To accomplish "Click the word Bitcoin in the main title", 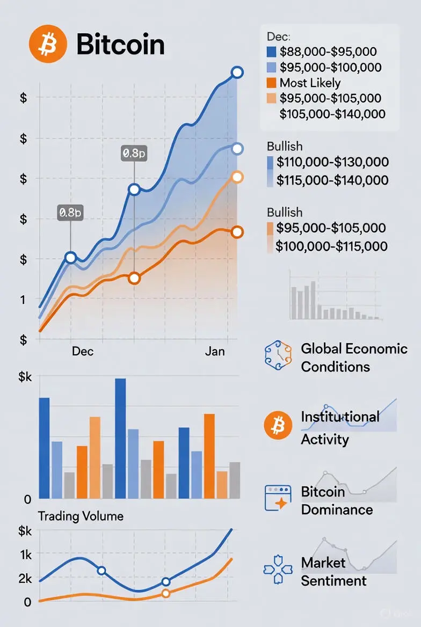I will (120, 44).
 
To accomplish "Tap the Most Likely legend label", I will (310, 83).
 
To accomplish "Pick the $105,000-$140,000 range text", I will (332, 113).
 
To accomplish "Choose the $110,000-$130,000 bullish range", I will (332, 162).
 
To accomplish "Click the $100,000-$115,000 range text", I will (331, 246).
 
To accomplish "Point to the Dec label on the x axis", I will (83, 351).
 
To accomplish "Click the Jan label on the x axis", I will (215, 351).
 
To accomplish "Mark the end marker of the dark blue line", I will (237, 72).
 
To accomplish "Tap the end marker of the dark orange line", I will (237, 232).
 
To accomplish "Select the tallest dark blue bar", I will (121, 438).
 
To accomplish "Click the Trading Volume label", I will (81, 516).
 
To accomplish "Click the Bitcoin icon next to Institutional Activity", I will (278, 426).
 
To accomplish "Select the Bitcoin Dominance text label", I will (337, 500).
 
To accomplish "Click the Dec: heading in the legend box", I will (278, 37).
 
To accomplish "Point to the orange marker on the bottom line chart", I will (165, 593).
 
